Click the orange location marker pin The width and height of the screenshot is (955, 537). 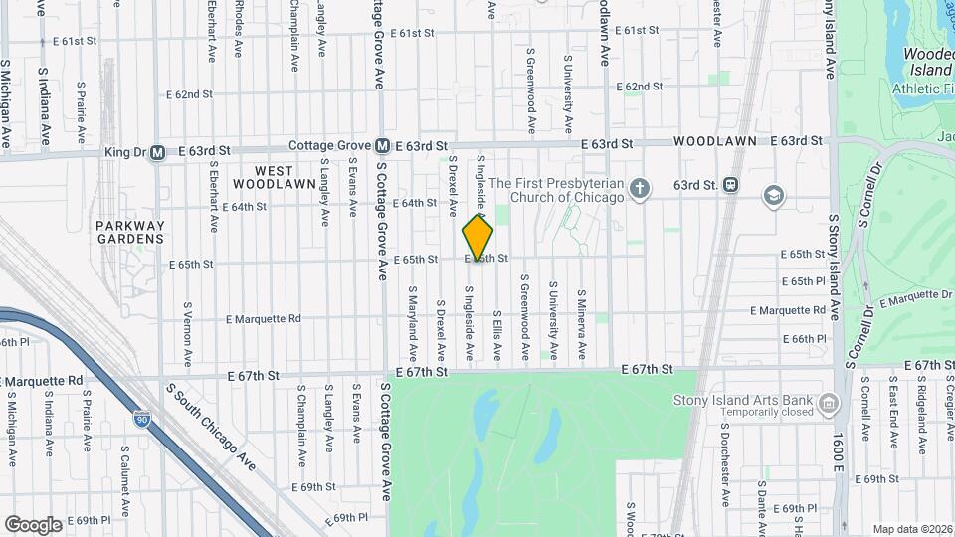pyautogui.click(x=478, y=239)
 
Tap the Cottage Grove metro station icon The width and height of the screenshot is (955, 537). pyautogui.click(x=382, y=146)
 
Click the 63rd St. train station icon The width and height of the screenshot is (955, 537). pyautogui.click(x=731, y=185)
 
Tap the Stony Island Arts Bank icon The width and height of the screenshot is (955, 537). pyautogui.click(x=829, y=403)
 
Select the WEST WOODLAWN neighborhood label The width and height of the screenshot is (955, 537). pyautogui.click(x=274, y=177)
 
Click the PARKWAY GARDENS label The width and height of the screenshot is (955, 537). pyautogui.click(x=130, y=232)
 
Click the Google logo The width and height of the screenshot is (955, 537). pyautogui.click(x=33, y=524)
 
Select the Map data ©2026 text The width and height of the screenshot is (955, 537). pyautogui.click(x=911, y=529)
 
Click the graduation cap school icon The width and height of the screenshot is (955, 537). pyautogui.click(x=772, y=195)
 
